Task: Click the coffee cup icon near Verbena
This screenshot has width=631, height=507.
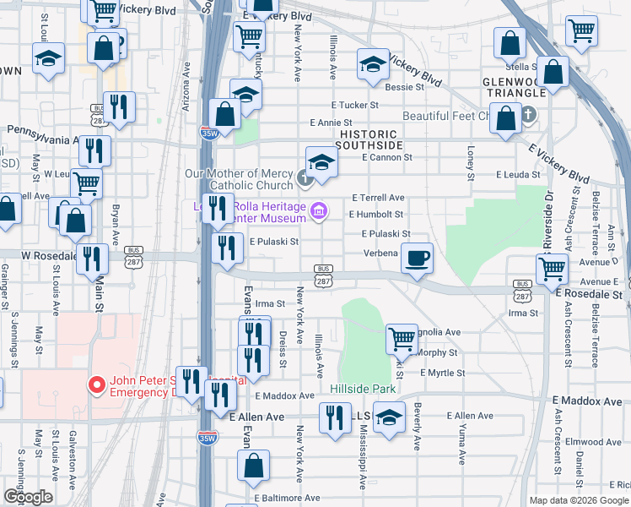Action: (416, 258)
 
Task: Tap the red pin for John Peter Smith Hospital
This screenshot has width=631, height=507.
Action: (97, 385)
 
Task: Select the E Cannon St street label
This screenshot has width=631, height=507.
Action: (386, 157)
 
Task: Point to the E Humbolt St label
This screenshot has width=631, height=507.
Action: (375, 215)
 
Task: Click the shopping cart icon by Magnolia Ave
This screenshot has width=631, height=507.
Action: (402, 339)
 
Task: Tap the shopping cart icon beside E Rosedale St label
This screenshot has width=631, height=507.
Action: (553, 269)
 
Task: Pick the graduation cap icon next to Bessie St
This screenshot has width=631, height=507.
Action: (372, 64)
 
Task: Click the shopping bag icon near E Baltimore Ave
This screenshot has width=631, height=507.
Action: (254, 466)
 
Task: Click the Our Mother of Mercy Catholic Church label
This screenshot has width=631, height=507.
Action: (239, 179)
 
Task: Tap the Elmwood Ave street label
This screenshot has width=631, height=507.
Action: (593, 441)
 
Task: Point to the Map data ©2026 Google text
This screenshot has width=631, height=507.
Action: (579, 500)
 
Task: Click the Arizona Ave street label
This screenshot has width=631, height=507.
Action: (186, 81)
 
